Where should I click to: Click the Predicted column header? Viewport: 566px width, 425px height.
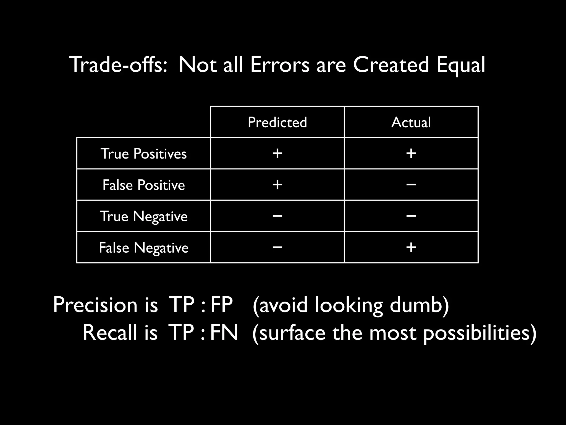click(x=277, y=122)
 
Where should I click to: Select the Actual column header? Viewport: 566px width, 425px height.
click(x=411, y=122)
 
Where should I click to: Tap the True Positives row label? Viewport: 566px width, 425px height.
click(x=143, y=154)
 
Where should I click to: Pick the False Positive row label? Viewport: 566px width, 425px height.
click(x=143, y=185)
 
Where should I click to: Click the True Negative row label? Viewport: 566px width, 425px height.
click(x=143, y=216)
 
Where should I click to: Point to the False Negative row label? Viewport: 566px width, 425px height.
click(x=143, y=247)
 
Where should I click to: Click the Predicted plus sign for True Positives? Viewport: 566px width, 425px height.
click(x=277, y=153)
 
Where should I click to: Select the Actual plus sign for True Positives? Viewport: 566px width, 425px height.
click(x=411, y=153)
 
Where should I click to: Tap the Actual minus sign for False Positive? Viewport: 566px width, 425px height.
click(x=411, y=185)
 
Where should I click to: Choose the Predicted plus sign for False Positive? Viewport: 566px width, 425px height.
click(x=277, y=185)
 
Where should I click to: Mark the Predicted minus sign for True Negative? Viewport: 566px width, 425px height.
click(x=277, y=216)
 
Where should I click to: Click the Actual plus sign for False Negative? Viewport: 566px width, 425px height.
click(x=411, y=247)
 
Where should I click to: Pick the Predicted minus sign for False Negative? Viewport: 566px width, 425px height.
click(x=277, y=247)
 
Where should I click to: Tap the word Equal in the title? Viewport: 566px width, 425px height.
click(x=461, y=65)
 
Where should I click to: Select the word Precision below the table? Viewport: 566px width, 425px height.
click(x=95, y=305)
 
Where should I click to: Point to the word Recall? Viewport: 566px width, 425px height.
click(x=110, y=332)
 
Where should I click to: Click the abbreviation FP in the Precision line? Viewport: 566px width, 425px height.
click(x=222, y=305)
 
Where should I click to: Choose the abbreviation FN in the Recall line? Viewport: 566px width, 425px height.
click(x=224, y=332)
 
